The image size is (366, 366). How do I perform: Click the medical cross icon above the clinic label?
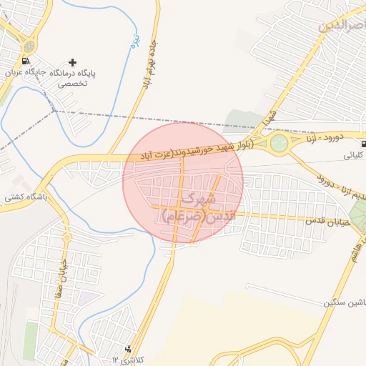[72, 62]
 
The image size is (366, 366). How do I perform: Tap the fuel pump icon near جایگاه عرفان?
[28, 62]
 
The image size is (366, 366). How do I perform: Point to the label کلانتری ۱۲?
[122, 358]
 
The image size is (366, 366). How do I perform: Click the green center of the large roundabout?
[279, 143]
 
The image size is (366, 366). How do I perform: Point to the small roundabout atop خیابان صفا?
[66, 236]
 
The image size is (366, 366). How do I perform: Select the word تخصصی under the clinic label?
[73, 83]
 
